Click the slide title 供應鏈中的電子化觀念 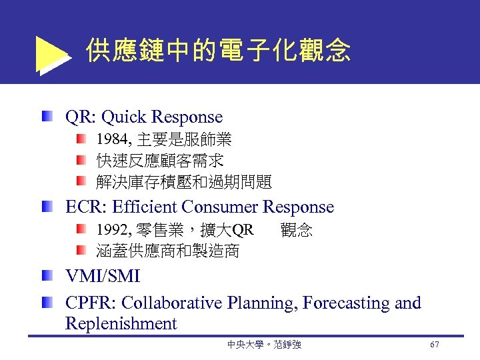pos(218,50)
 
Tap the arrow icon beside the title pos(53,55)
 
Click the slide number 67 pos(434,345)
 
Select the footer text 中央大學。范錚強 pos(264,345)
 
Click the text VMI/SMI pos(103,276)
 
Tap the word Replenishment pos(121,324)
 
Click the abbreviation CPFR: pos(91,303)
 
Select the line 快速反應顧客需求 pos(160,161)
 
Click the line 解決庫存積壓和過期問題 pos(184,181)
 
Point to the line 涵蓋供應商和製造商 pos(168,251)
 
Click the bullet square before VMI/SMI pos(46,275)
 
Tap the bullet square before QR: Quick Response pos(46,117)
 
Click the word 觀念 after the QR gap pos(297,231)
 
